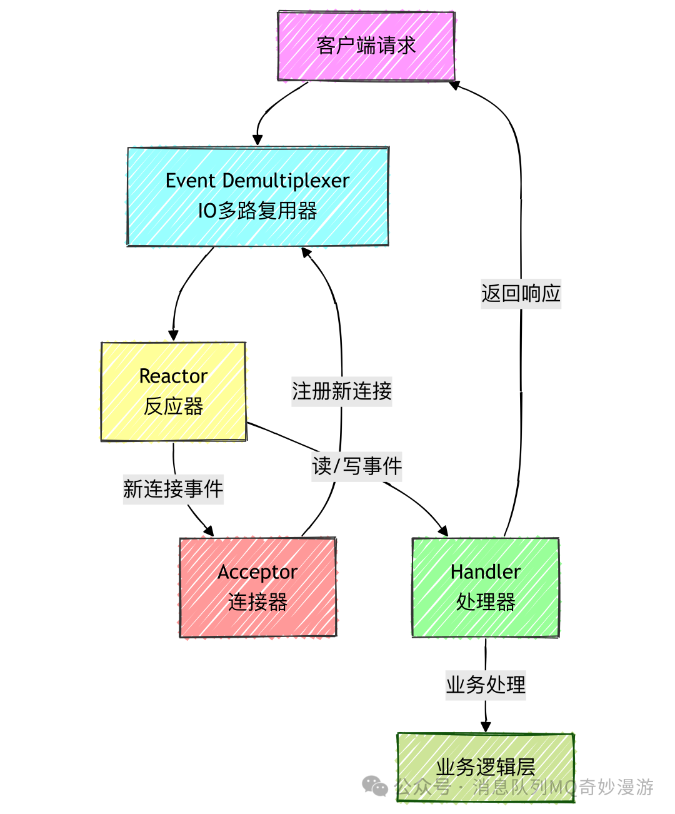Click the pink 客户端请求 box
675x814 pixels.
point(366,46)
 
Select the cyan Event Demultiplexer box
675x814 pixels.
point(257,196)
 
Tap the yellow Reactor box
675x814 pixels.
point(173,391)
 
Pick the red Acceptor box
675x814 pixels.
point(257,587)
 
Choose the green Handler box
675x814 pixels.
point(485,587)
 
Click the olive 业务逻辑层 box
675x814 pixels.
point(485,767)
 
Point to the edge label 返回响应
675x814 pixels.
point(521,293)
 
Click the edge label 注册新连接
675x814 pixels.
point(341,391)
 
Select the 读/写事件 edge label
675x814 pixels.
point(357,466)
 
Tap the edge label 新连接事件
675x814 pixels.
point(173,489)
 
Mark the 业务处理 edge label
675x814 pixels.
point(485,685)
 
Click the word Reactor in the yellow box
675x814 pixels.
point(173,376)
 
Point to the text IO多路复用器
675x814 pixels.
point(257,211)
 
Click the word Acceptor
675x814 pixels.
point(257,572)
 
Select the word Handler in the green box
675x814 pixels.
point(485,572)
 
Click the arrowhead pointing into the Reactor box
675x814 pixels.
point(173,336)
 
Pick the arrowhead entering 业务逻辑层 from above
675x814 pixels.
point(485,726)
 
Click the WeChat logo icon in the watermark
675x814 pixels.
point(375,786)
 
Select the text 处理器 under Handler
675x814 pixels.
point(485,602)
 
